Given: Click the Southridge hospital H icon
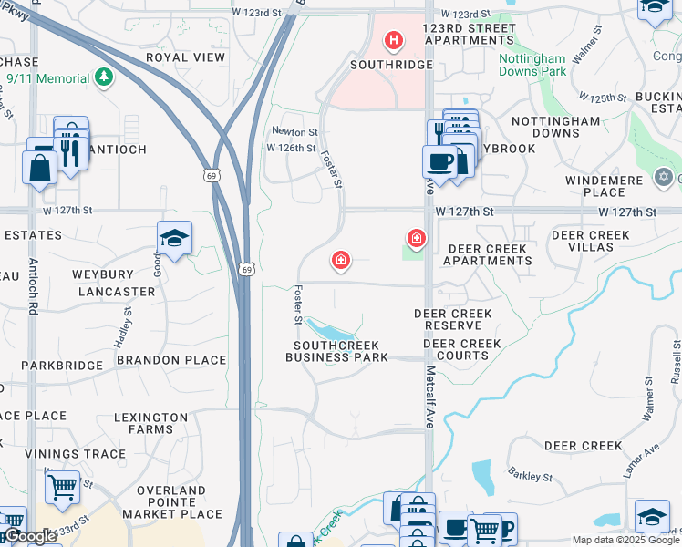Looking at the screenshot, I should point(394,40).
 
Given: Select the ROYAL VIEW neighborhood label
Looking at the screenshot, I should point(185,57).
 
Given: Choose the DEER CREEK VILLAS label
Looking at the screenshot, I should point(590,241).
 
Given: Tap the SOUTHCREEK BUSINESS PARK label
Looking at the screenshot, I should point(336,351).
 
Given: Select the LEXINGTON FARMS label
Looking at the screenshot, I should point(150,423).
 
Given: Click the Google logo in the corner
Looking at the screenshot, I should point(30,536).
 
